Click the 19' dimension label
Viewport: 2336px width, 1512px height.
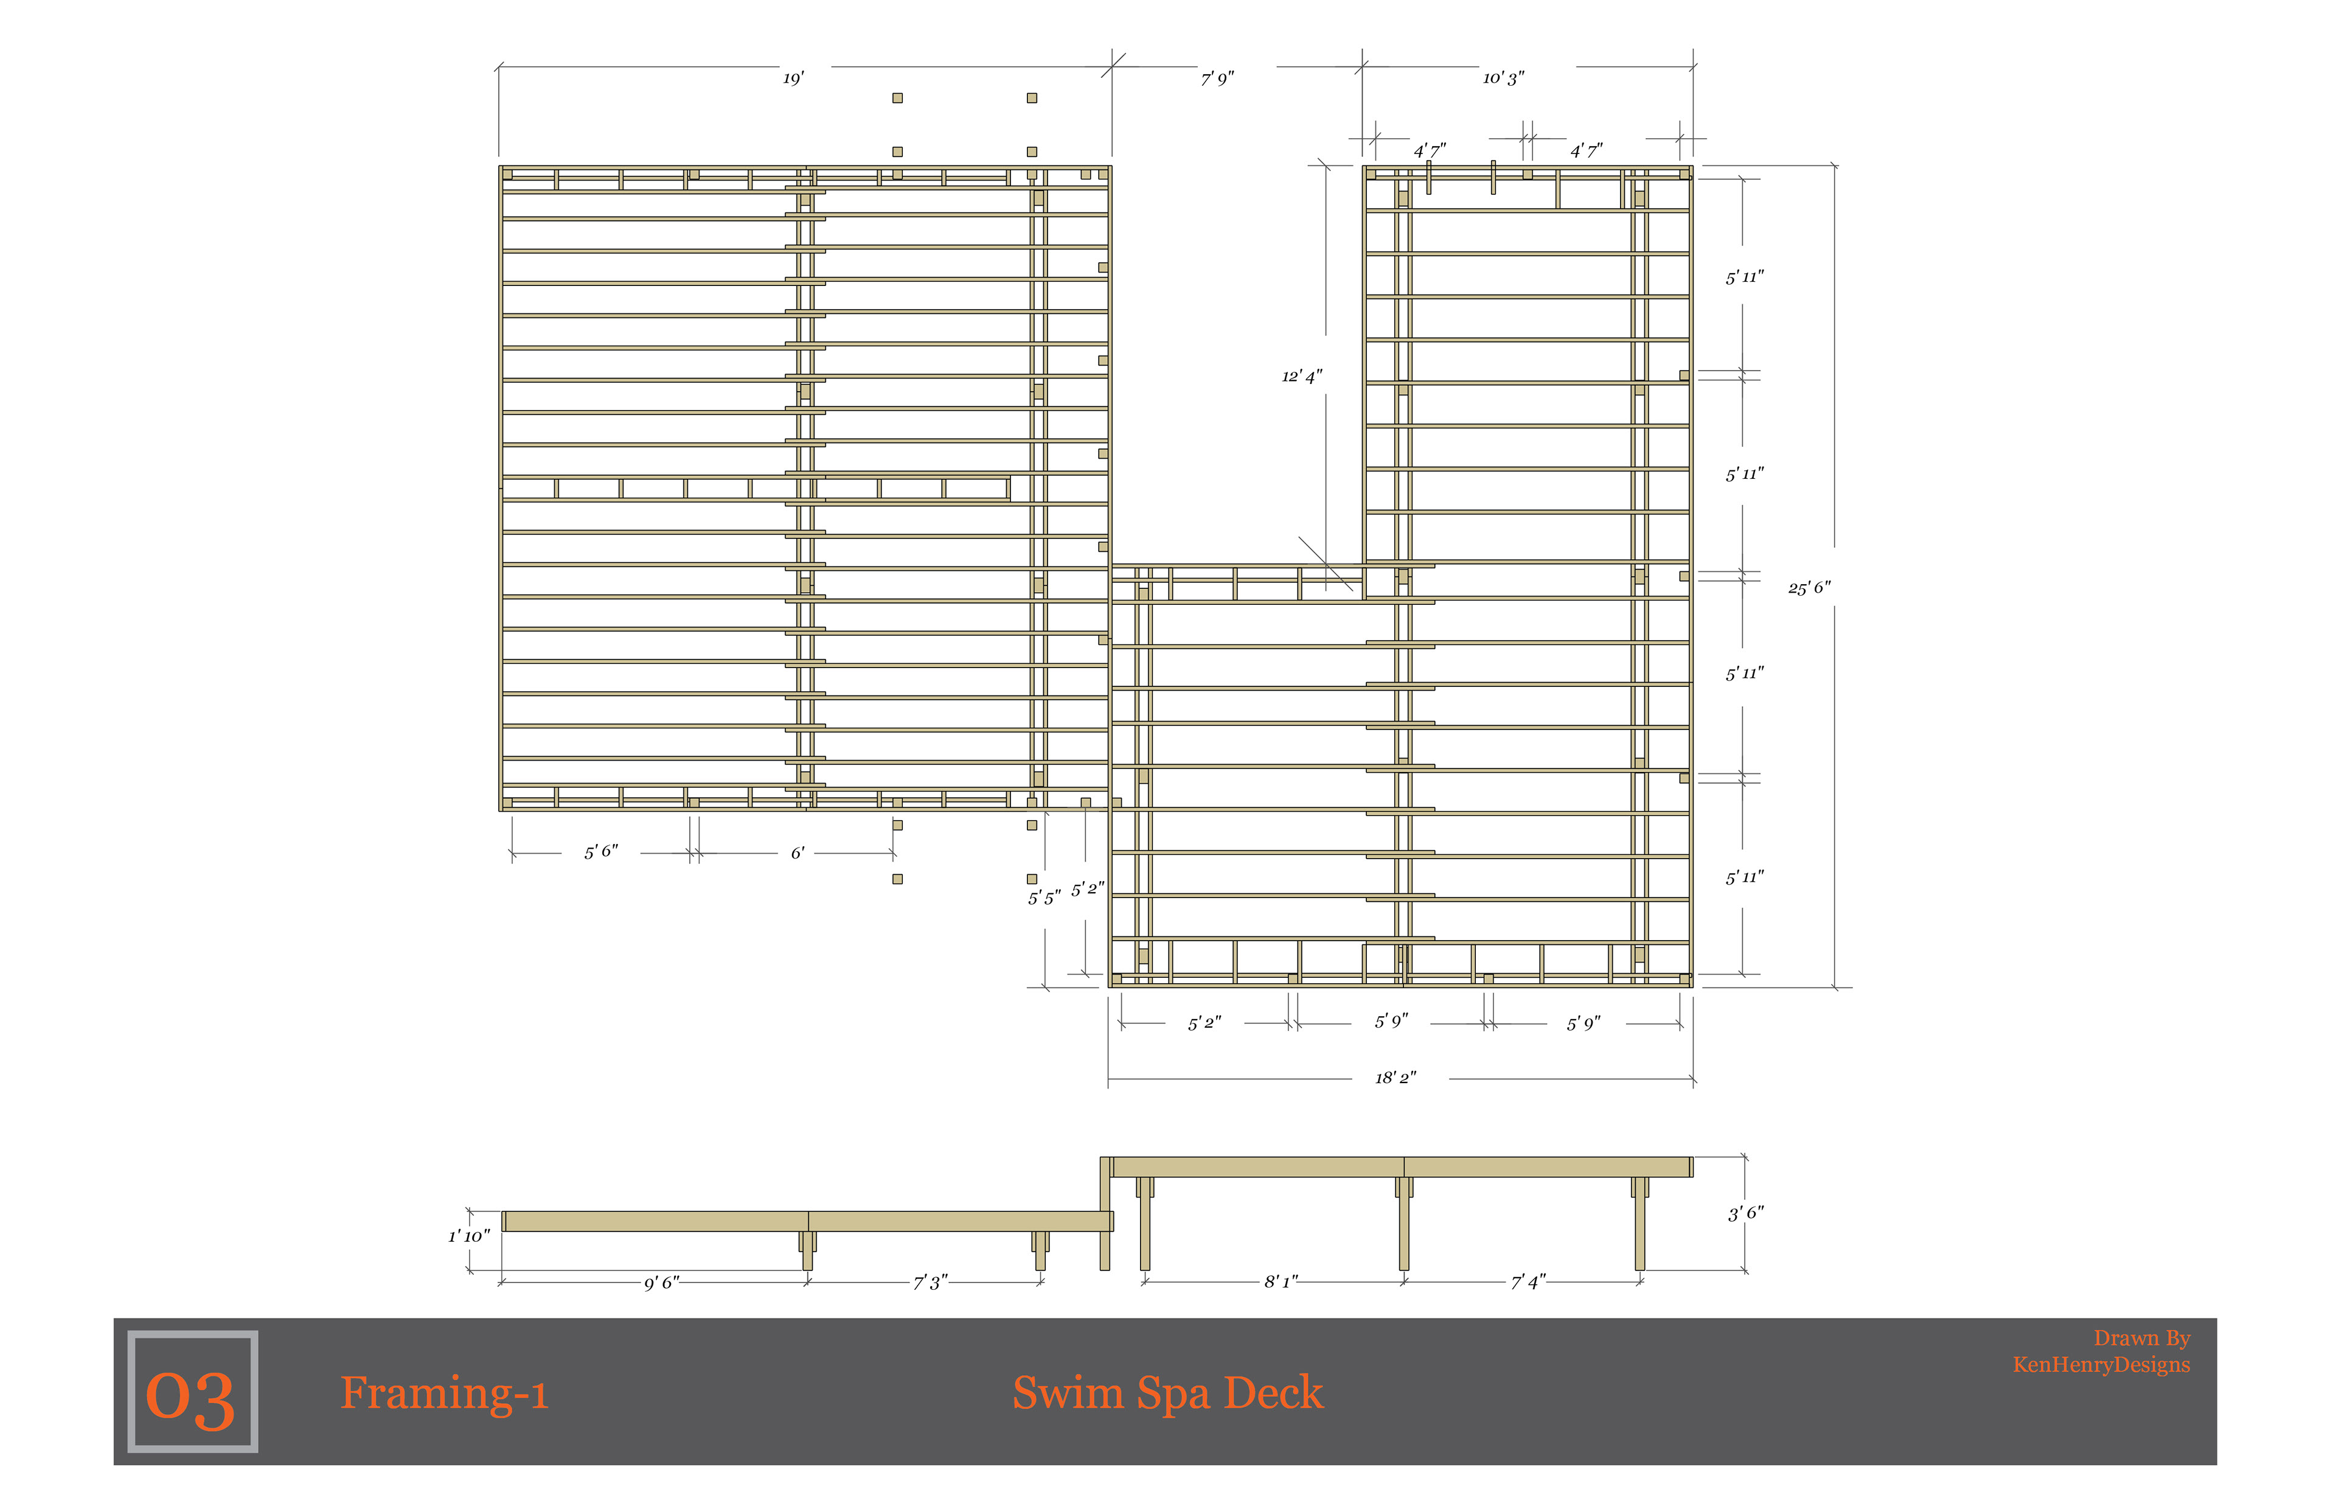click(x=793, y=77)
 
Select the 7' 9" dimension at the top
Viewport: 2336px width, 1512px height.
click(x=1217, y=77)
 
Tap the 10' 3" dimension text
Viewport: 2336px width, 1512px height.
click(x=1503, y=77)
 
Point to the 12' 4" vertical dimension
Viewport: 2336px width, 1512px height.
click(x=1301, y=376)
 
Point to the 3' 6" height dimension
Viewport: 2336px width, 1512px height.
click(x=1745, y=1213)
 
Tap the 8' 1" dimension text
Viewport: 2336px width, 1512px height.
click(x=1281, y=1281)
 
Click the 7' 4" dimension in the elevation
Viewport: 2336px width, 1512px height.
click(x=1528, y=1281)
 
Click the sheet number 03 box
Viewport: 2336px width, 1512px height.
click(x=192, y=1392)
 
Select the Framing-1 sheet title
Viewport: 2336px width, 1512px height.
click(x=443, y=1392)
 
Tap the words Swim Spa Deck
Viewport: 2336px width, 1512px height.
click(x=1168, y=1392)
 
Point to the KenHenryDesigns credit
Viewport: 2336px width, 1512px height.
click(x=2101, y=1365)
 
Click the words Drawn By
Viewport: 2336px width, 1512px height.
click(x=2142, y=1338)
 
